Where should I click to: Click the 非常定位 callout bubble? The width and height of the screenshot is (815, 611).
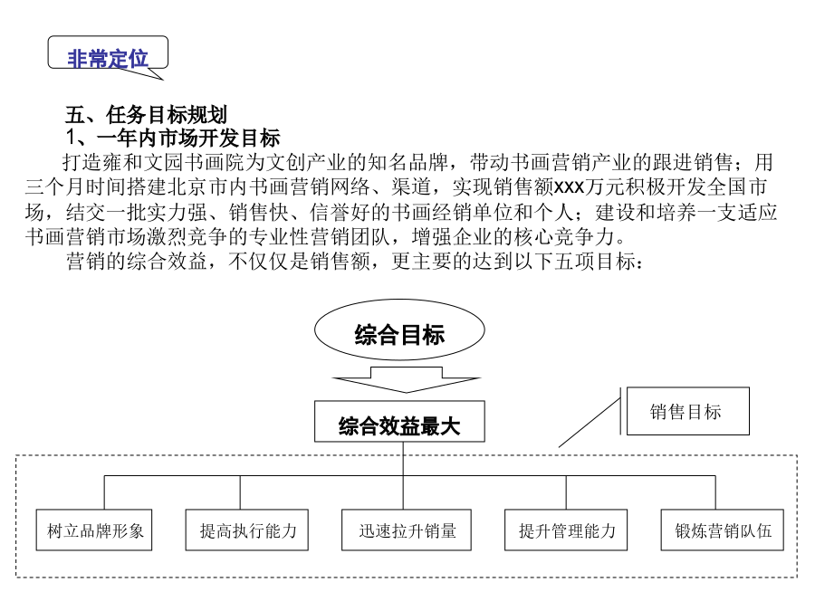coord(108,53)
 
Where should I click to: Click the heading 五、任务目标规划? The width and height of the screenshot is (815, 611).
coord(146,114)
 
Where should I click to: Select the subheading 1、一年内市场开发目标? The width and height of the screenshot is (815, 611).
coord(173,138)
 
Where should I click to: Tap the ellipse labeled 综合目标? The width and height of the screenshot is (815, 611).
coord(399,329)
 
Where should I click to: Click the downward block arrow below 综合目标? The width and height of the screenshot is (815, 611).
coord(406,379)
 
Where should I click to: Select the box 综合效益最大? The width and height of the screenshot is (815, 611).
coord(399,421)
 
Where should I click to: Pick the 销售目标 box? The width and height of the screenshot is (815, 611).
coord(687,411)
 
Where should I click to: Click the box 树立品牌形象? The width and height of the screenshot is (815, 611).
coord(94,530)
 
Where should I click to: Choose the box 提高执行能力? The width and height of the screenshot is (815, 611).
coord(247,530)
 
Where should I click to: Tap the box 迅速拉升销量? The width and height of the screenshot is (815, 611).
coord(407,530)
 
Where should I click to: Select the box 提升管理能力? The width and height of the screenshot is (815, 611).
coord(566,530)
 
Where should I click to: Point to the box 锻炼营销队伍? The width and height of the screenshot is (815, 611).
coord(722,530)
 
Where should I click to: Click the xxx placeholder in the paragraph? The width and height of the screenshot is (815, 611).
coord(569,187)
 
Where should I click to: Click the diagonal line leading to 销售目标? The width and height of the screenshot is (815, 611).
coord(590,423)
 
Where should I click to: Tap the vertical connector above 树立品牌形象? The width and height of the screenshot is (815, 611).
coord(104,492)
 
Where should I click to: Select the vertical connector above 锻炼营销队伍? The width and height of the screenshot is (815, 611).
coord(715,492)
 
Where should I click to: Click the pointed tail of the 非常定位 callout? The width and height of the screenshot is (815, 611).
coord(163,80)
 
